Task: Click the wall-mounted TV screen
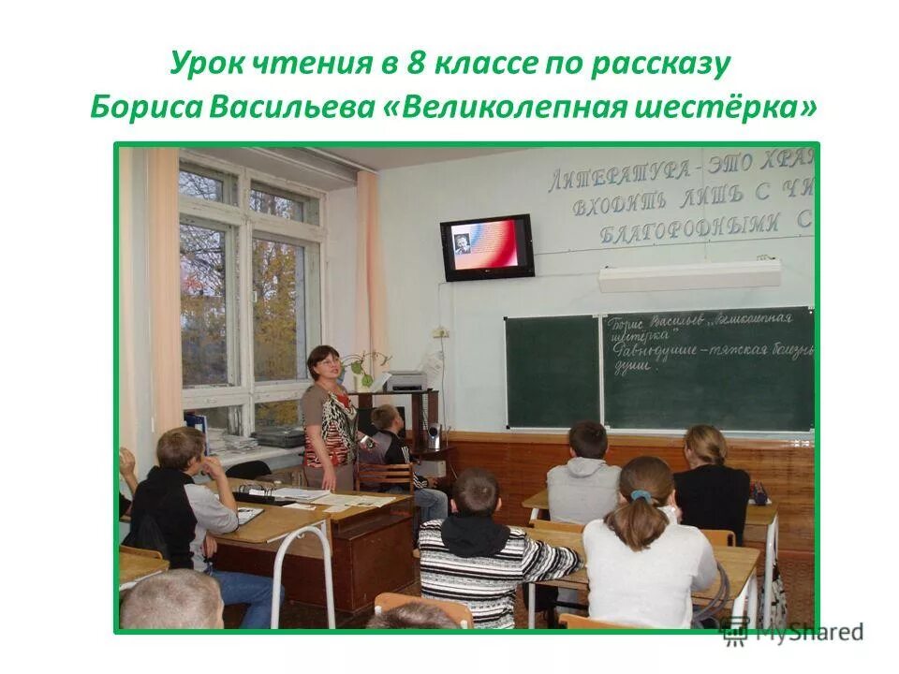(x=487, y=246)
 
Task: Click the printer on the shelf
(x=405, y=380)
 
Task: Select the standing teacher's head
(x=324, y=362)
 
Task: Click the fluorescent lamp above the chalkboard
(x=689, y=275)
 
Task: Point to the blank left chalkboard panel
(x=552, y=370)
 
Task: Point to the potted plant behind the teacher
(x=361, y=365)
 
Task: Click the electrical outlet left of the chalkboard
(x=440, y=332)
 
